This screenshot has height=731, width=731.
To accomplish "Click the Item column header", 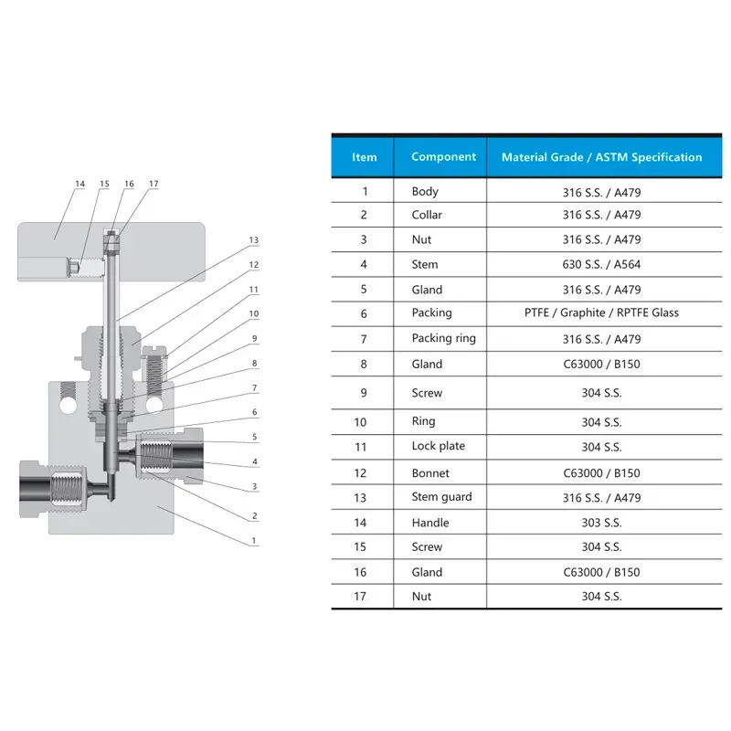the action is click(364, 157).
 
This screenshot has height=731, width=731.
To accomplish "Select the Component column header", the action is click(443, 156).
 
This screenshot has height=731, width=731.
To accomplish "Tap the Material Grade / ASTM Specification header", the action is click(601, 157).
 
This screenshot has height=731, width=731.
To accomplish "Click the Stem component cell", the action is click(425, 264).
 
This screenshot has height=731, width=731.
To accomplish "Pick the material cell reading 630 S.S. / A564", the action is click(601, 264).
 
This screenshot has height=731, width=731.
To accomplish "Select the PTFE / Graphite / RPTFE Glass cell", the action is click(601, 313).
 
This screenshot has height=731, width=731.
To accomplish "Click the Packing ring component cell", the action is click(443, 338).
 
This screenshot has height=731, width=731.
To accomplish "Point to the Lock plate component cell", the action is click(439, 446).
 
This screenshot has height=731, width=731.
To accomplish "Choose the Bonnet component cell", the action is click(430, 473).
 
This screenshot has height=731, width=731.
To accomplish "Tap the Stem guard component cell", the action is click(441, 497).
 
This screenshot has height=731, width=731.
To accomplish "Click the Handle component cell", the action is click(429, 523).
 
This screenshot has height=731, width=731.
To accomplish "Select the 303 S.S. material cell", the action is click(601, 523).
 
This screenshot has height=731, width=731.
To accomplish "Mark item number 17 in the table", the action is click(360, 597).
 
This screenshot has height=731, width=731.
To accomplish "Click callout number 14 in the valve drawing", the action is click(79, 184).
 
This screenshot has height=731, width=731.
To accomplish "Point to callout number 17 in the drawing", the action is click(154, 184).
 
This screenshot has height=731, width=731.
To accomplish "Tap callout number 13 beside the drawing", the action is click(253, 240).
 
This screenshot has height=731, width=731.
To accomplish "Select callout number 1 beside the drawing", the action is click(254, 540).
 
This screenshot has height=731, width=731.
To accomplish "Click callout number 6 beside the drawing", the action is click(255, 412).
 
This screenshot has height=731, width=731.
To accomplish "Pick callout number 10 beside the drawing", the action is click(254, 313).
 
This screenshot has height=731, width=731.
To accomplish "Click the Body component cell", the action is click(425, 192).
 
